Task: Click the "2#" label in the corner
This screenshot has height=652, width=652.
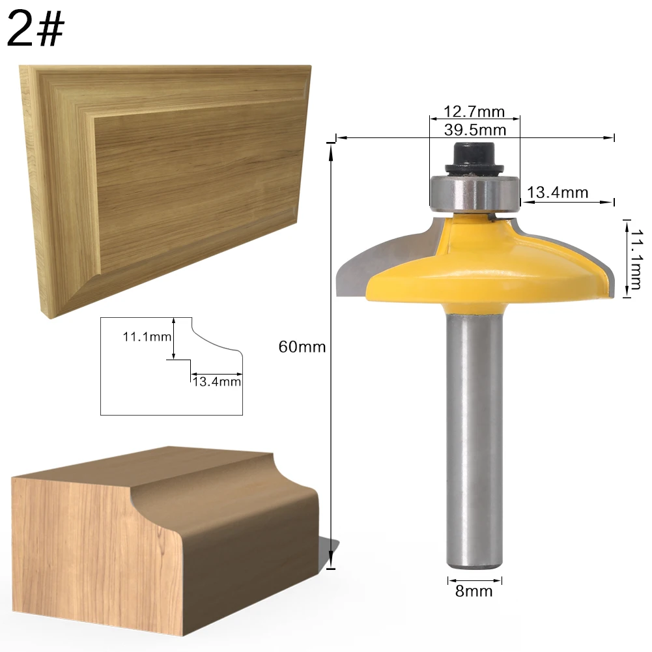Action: point(36,30)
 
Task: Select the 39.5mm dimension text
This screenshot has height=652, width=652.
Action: point(475,130)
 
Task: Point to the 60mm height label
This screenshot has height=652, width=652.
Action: point(302,347)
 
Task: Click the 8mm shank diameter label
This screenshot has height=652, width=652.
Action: point(475,591)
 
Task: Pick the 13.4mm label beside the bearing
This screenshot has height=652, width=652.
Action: point(558,192)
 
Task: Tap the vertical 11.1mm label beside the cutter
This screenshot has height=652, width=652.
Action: point(635,257)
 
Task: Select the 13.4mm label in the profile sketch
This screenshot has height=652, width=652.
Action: point(216,382)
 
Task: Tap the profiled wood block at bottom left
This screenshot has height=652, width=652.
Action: point(163,541)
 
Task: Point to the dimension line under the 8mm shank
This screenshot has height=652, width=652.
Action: point(474,579)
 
